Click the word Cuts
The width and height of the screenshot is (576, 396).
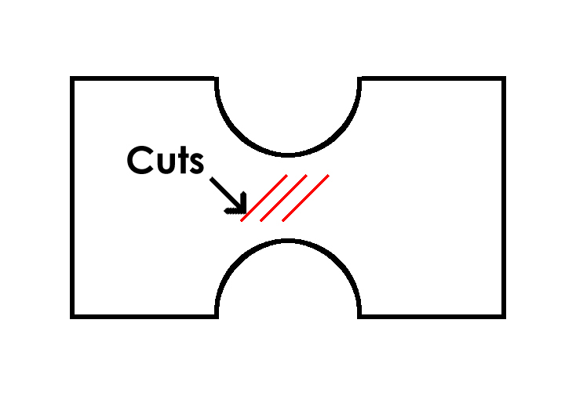[166, 161]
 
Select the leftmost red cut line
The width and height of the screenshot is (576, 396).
[264, 198]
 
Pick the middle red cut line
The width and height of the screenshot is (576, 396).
[283, 198]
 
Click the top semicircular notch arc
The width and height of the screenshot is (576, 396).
[288, 154]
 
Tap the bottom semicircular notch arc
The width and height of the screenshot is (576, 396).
[288, 242]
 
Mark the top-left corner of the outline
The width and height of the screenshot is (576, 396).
[72, 78]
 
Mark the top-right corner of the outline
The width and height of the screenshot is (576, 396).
[503, 78]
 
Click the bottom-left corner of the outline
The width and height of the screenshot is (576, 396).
[72, 316]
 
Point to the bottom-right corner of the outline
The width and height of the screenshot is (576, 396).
[503, 316]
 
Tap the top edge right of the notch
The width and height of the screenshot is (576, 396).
[432, 78]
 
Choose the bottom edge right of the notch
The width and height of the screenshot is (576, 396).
[432, 316]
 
